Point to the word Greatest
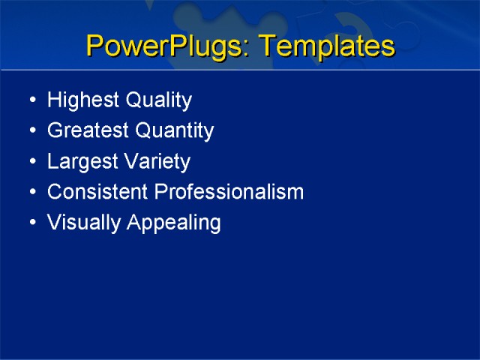click(x=82, y=131)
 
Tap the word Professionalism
click(x=229, y=192)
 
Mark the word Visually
click(x=78, y=223)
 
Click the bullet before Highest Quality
click(x=31, y=101)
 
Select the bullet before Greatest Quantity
click(x=31, y=132)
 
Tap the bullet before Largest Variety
click(x=31, y=163)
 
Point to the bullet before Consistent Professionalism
click(x=31, y=193)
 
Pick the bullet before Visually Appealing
click(x=31, y=223)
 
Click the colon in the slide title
click(x=247, y=49)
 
